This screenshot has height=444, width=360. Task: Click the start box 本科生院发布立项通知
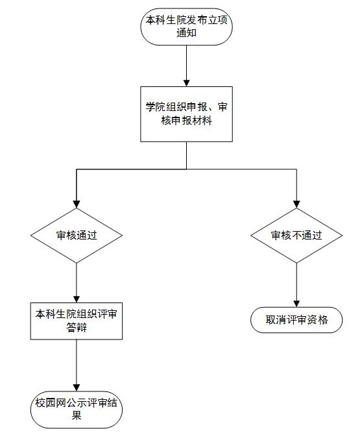tap(187, 27)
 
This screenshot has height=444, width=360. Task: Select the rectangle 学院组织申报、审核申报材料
tap(187, 114)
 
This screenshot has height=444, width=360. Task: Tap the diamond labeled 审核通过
tap(77, 236)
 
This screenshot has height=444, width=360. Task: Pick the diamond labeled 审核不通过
tap(296, 236)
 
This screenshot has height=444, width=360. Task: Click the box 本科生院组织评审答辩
tap(77, 321)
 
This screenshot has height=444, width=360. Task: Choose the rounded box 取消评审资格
tap(296, 320)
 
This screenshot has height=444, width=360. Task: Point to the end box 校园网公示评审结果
tap(77, 410)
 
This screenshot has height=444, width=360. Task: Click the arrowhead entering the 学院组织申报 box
tap(187, 83)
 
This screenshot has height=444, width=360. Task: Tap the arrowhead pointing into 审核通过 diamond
tap(77, 204)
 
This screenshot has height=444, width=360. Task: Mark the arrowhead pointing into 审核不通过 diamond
tap(296, 204)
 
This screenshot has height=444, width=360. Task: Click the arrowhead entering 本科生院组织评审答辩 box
tap(77, 299)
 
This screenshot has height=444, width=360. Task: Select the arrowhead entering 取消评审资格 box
tap(296, 304)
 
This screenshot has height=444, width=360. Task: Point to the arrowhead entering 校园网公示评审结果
tap(77, 388)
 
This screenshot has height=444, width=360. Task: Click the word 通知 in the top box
tap(187, 33)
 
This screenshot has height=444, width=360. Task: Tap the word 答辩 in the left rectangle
tap(77, 328)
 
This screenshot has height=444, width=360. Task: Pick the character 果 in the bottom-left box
tap(77, 415)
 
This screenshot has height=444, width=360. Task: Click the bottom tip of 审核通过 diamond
tap(77, 264)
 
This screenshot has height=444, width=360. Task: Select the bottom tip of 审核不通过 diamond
tap(296, 264)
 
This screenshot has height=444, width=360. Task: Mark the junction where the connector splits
tap(187, 169)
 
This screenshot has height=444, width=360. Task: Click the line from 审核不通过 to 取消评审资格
tap(296, 285)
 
